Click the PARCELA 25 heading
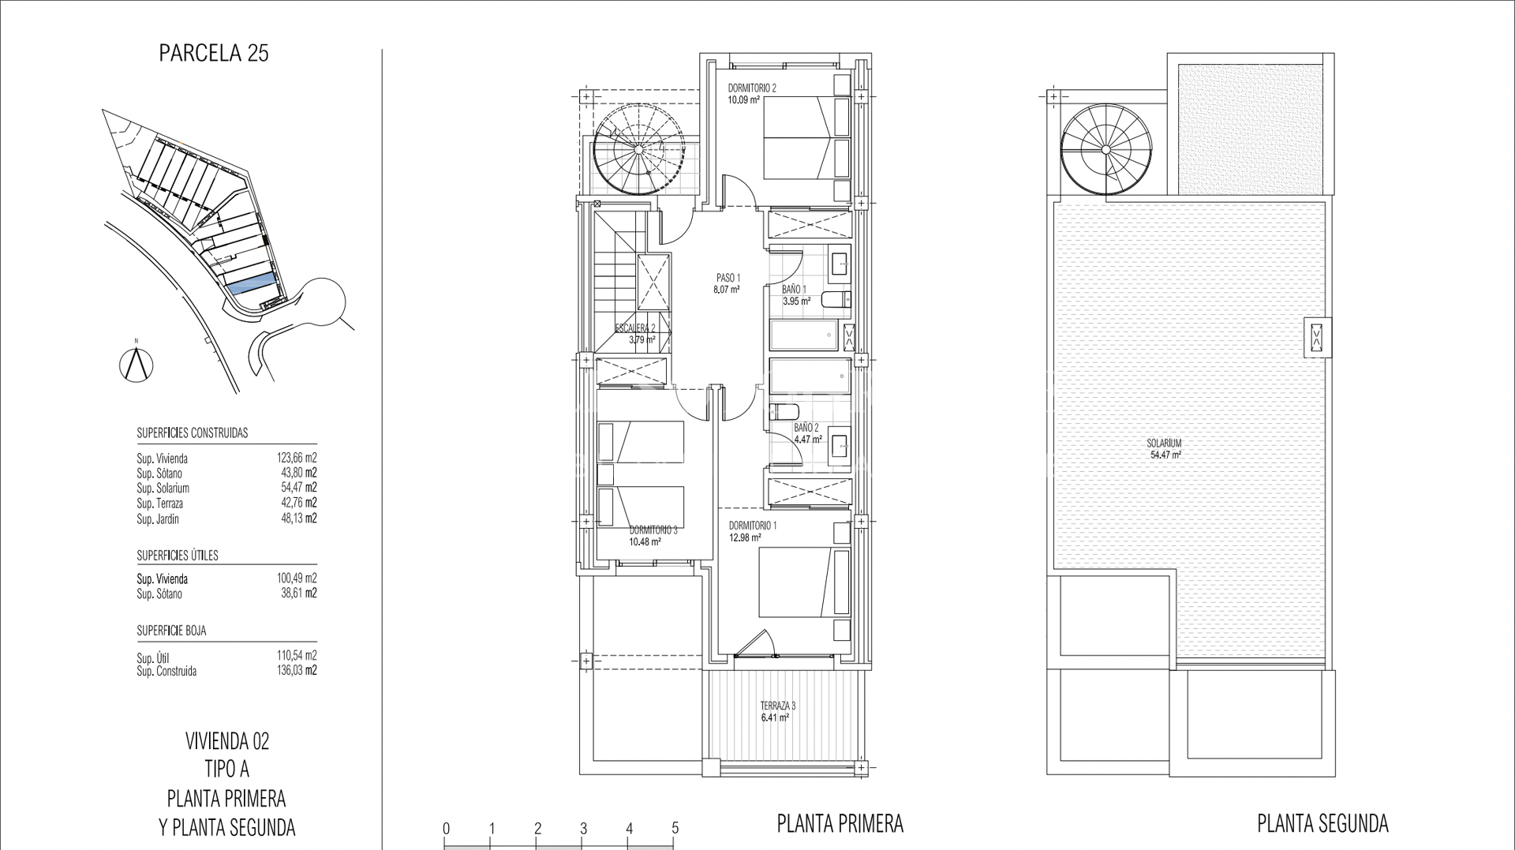pyautogui.click(x=214, y=54)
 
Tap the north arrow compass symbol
pyautogui.click(x=137, y=363)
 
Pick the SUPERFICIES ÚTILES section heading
pyautogui.click(x=178, y=556)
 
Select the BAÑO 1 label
pyautogui.click(x=795, y=290)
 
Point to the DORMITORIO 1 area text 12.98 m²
pyautogui.click(x=745, y=538)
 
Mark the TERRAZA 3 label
pyautogui.click(x=778, y=706)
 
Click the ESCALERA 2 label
pyautogui.click(x=636, y=328)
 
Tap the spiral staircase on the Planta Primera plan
pyautogui.click(x=639, y=151)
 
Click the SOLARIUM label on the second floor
pyautogui.click(x=1165, y=444)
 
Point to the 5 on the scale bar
pyautogui.click(x=675, y=829)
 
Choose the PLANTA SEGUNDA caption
pyautogui.click(x=1322, y=824)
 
